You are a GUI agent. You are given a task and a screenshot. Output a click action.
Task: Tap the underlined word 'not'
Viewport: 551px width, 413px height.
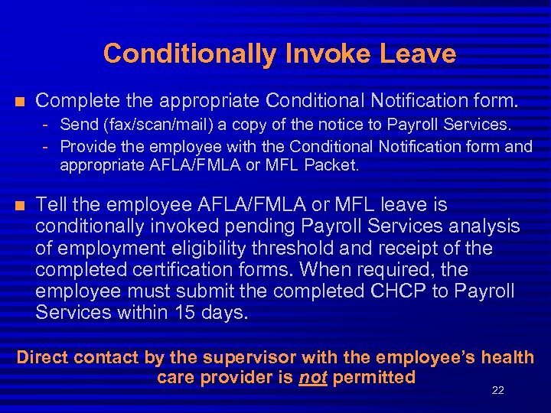pos(314,377)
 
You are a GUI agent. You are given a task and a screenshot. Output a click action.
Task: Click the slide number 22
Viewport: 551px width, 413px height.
pos(498,391)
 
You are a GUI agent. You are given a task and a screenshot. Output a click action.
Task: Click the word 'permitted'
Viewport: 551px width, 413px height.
pos(373,377)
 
